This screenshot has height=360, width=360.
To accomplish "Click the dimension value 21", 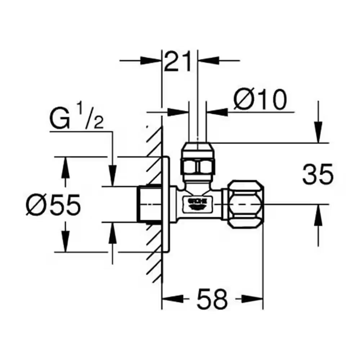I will point(179,62).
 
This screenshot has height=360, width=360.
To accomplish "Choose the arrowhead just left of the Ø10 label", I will point(216,112).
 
